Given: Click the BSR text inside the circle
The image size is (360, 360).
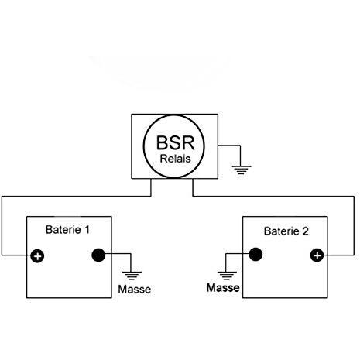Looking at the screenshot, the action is (175, 142).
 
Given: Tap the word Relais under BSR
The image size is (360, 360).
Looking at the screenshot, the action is (175, 159).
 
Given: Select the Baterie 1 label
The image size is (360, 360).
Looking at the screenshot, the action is (67, 229).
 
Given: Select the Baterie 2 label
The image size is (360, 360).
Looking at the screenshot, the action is (286, 231).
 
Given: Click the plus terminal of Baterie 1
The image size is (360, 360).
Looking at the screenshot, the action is (37, 256).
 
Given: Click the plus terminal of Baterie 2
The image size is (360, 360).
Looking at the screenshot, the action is (317, 255).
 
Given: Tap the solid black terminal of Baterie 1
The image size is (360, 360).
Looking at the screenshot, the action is (98, 255).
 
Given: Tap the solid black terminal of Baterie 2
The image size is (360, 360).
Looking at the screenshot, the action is (255, 254).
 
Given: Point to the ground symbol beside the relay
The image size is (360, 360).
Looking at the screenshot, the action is (242, 170).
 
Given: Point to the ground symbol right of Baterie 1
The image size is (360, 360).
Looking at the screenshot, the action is (132, 276).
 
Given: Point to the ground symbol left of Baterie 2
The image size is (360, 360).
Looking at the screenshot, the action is (227, 276).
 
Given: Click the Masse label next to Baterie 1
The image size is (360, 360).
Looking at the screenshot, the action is (135, 290).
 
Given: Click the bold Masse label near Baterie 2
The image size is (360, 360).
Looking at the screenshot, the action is (223, 288).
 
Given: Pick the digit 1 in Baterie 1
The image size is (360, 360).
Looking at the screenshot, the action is (87, 229).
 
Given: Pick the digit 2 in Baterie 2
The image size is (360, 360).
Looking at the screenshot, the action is (305, 231).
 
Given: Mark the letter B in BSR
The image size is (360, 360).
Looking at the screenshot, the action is (163, 142).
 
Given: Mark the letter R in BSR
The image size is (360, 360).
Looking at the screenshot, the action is (188, 142).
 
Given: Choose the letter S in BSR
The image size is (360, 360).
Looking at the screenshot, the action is (176, 142).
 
